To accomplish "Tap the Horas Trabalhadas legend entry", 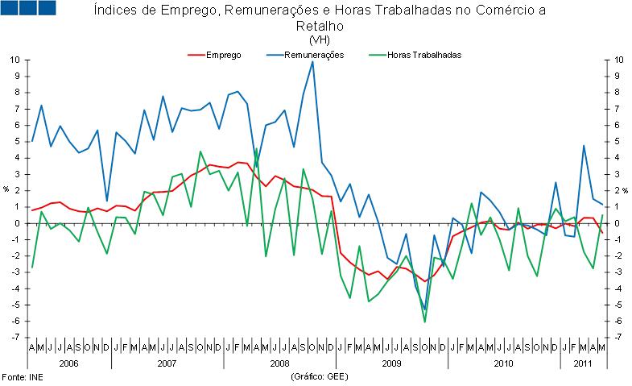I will (423, 55).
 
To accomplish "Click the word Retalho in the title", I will (320, 26).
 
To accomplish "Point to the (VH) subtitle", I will (320, 39).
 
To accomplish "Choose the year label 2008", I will (279, 363).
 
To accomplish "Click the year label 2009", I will (391, 363).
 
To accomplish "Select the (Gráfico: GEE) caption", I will (320, 377).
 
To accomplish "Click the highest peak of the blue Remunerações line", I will (312, 62).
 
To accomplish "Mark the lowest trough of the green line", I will (424, 322).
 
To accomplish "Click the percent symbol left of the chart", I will (6, 190).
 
